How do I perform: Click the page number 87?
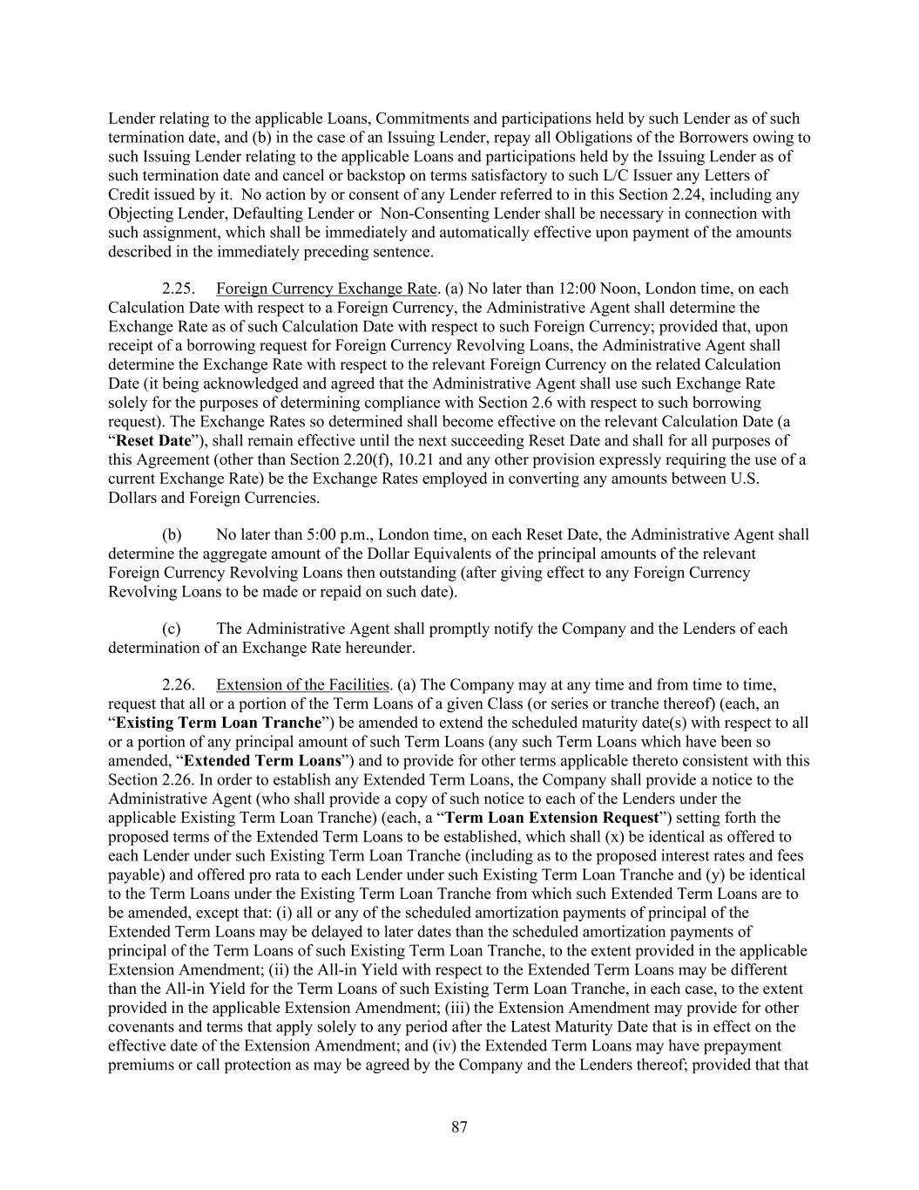[x=459, y=1127]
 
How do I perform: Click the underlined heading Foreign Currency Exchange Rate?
[x=326, y=289]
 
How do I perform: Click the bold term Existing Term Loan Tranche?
[x=219, y=723]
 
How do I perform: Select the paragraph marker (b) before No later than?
[x=172, y=535]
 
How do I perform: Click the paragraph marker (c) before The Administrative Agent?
[x=172, y=629]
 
